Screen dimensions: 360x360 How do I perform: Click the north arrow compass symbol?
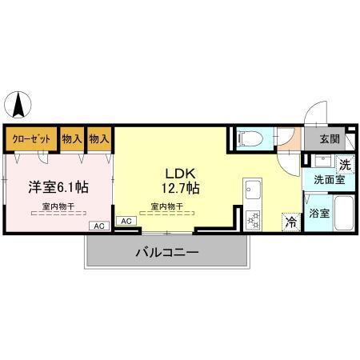(19, 105)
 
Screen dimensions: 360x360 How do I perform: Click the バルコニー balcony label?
(166, 252)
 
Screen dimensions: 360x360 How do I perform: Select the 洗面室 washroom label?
(328, 181)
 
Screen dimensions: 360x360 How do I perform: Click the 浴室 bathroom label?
(318, 214)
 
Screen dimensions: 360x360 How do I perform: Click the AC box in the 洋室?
(99, 226)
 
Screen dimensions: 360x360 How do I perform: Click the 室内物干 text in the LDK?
(167, 206)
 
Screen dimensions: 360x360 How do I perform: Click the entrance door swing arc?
(318, 114)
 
